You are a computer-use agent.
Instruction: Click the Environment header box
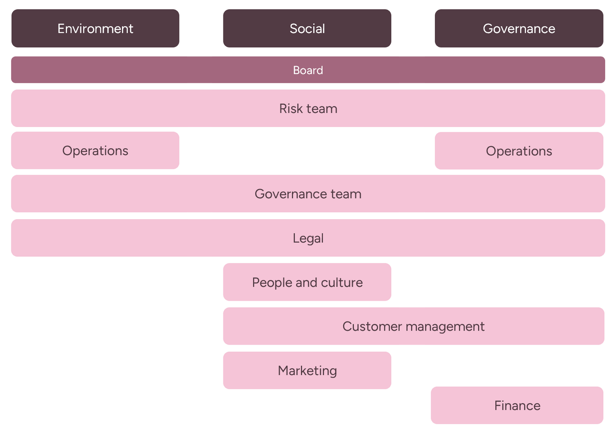click(x=95, y=28)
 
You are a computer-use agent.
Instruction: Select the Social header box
click(x=307, y=28)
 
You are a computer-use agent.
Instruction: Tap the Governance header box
click(x=519, y=28)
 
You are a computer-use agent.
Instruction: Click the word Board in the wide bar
click(x=308, y=70)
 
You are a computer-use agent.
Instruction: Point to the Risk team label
click(x=308, y=109)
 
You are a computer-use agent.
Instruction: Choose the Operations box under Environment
click(x=95, y=151)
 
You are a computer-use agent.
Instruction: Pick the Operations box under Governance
click(x=519, y=151)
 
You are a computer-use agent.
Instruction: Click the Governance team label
click(x=308, y=194)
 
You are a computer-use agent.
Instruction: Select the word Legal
click(x=308, y=238)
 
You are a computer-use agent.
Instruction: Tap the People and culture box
click(x=307, y=282)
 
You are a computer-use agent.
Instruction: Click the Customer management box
click(x=413, y=326)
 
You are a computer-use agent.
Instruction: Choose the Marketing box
click(x=307, y=370)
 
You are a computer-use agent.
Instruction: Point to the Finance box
click(x=517, y=405)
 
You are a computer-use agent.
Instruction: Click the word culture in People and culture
click(x=342, y=283)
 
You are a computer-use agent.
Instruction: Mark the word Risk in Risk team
click(x=291, y=109)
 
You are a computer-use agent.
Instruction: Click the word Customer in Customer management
click(x=372, y=327)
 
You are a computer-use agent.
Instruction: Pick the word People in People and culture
click(x=272, y=283)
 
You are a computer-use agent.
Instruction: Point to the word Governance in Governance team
click(x=291, y=194)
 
